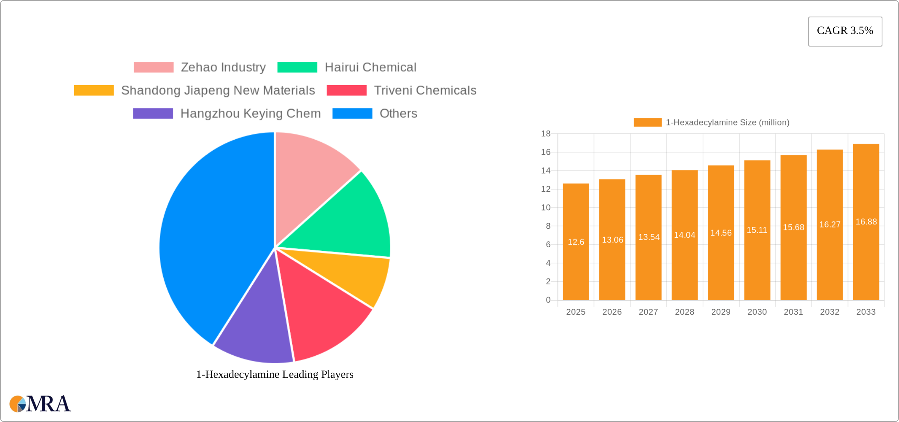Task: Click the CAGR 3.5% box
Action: tap(845, 31)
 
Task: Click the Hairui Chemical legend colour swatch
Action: tap(297, 67)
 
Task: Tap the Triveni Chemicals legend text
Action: tap(425, 90)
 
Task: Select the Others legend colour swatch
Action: tap(352, 114)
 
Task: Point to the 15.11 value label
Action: tap(757, 230)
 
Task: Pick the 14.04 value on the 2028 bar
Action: tap(685, 235)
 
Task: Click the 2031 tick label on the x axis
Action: tap(793, 312)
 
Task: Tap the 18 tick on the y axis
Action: tap(546, 134)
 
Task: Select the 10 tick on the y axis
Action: tap(546, 207)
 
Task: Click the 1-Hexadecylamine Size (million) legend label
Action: tap(727, 123)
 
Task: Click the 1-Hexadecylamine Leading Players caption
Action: tap(275, 374)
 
